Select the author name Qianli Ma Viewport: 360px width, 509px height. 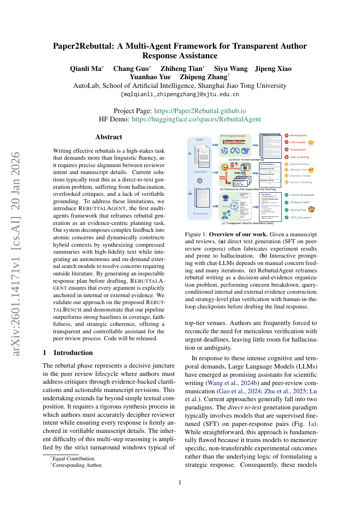(86, 68)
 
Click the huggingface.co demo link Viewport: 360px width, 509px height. (196, 118)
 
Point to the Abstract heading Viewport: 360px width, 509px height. (108, 137)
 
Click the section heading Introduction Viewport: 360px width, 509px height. (73, 352)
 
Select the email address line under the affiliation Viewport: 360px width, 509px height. (179, 94)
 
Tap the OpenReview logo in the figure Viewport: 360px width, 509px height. (235, 142)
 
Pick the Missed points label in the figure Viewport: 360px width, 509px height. (301, 135)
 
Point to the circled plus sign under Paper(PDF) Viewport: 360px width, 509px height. (199, 180)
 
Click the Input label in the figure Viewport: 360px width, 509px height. (199, 140)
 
